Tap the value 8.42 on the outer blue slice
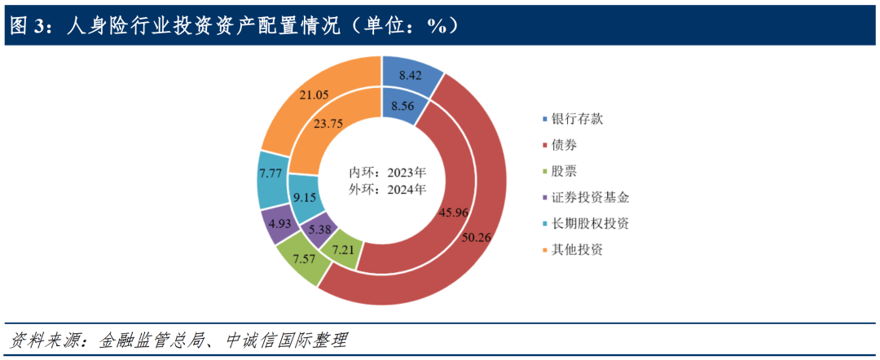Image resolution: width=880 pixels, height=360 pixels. (x=409, y=76)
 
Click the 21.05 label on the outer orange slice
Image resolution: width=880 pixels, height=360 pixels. (x=315, y=95)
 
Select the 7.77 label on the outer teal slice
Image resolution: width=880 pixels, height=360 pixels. (x=271, y=173)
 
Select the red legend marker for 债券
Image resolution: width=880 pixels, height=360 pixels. (x=544, y=146)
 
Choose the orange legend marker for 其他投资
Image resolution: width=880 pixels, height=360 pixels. (x=544, y=249)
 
